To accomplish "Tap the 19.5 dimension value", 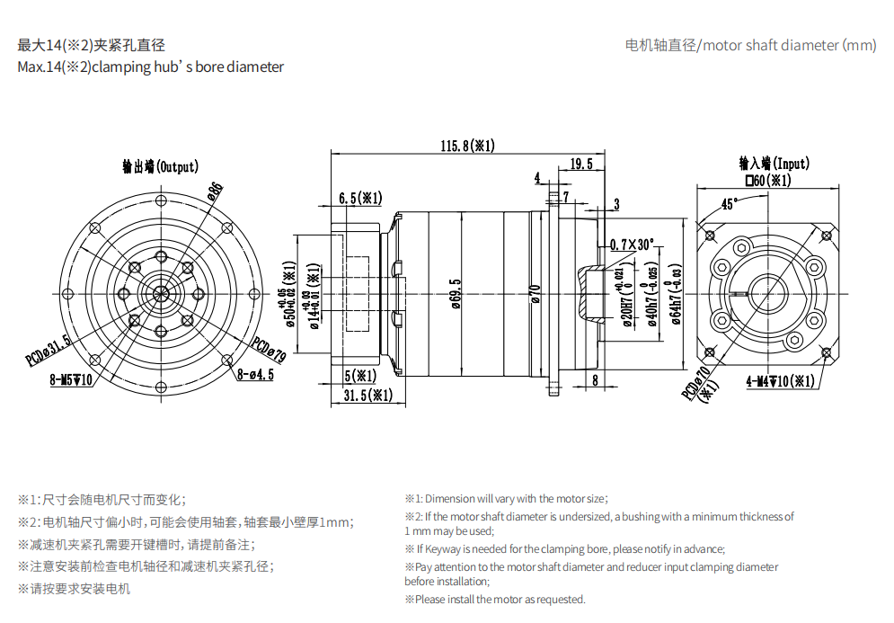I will pos(581,164).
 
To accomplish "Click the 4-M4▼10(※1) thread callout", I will pos(780,381).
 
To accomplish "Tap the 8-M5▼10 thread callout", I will pos(73,379).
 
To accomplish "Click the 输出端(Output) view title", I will pos(161,166).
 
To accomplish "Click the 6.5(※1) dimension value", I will pos(360,198).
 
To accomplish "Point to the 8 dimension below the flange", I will pos(596,380).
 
